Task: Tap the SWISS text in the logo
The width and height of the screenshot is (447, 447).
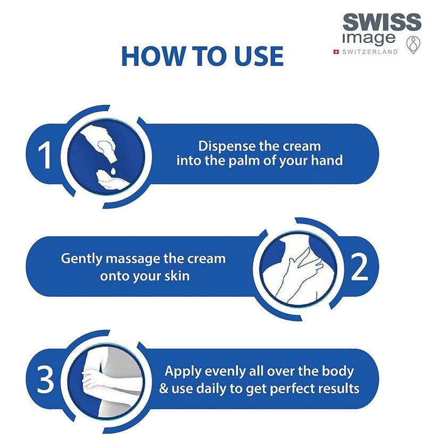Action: point(382,23)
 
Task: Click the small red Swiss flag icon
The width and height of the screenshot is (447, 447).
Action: point(336,52)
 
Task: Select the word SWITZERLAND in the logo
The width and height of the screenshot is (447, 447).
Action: point(369,52)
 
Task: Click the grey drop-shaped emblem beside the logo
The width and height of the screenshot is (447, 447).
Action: point(412,45)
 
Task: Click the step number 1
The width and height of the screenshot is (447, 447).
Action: point(47,155)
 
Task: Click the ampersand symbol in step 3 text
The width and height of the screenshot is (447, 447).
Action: point(164,388)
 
